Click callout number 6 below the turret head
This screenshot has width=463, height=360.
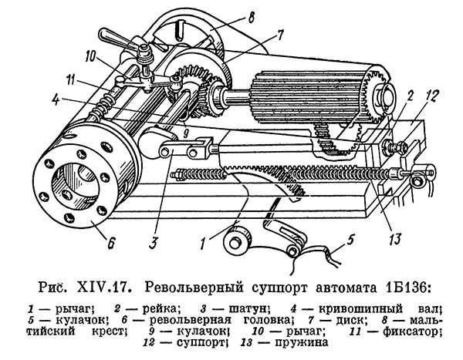click(111, 246)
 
